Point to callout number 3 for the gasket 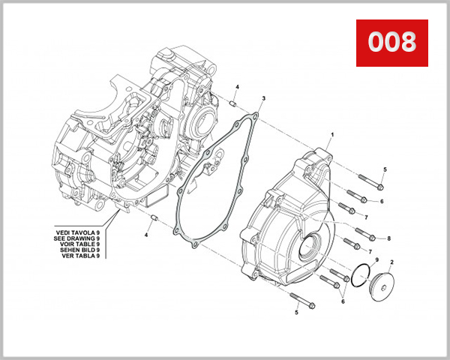(263, 98)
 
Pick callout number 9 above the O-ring (376, 259)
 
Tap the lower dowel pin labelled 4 (154, 219)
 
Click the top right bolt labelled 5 (372, 181)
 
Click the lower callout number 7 (369, 251)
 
